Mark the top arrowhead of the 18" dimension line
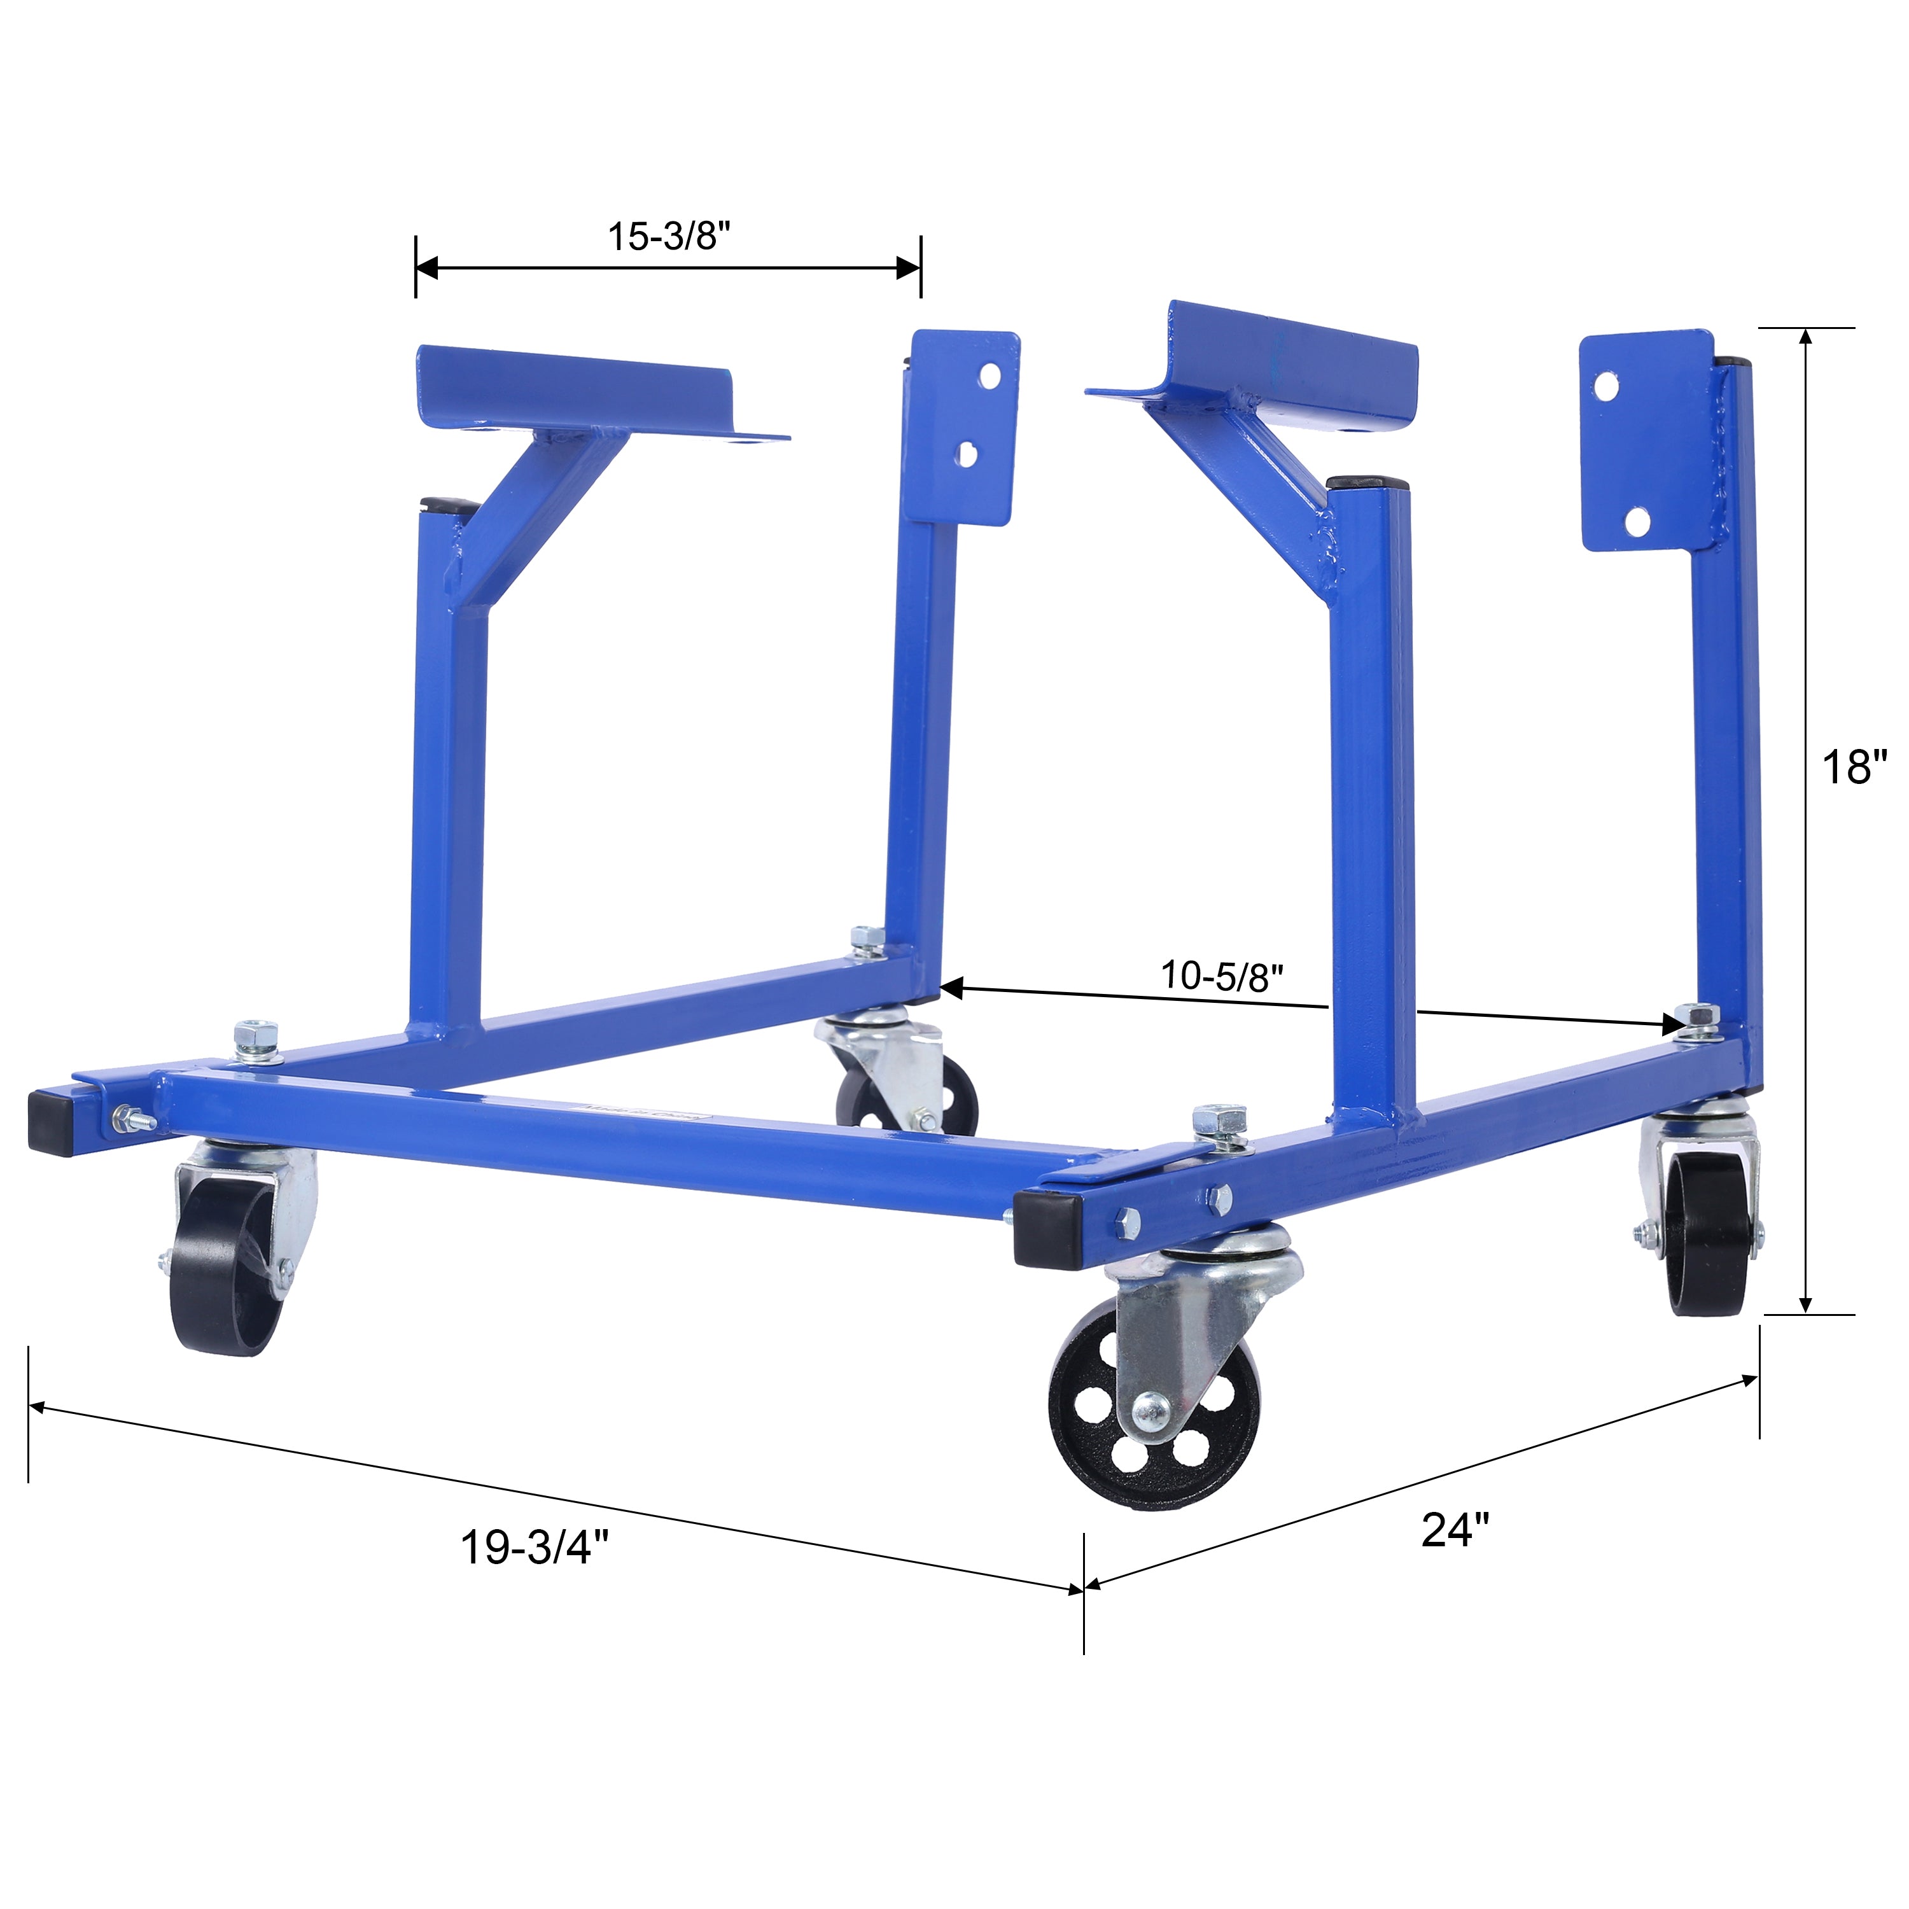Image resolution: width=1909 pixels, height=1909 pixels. [x=1805, y=337]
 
